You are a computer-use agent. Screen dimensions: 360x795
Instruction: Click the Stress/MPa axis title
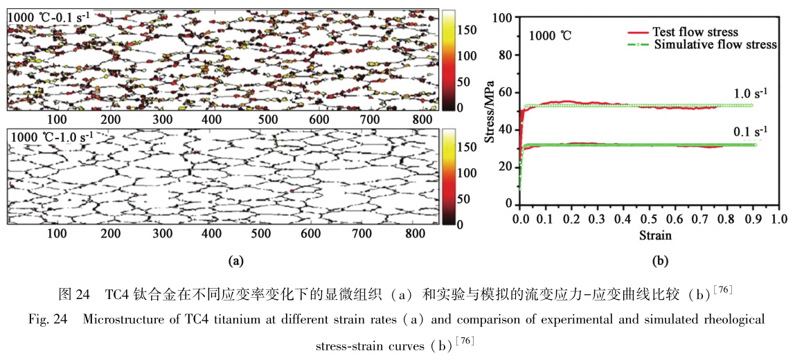[x=491, y=111]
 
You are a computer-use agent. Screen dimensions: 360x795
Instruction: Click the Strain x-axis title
[x=653, y=235]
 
